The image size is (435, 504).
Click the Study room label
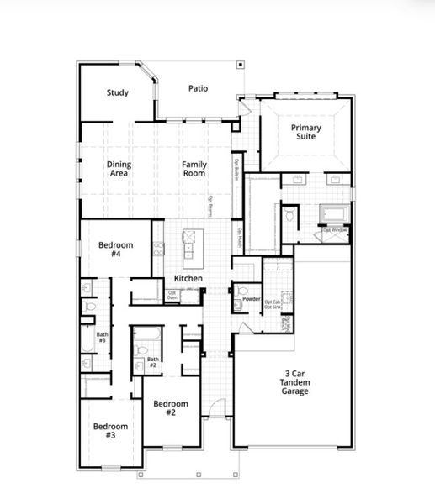click(118, 92)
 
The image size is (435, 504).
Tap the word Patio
click(198, 88)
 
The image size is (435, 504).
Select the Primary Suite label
click(305, 132)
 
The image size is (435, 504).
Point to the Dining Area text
click(119, 169)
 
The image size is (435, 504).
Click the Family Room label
click(194, 169)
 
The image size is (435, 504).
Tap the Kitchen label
click(188, 278)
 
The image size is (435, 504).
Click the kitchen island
click(188, 244)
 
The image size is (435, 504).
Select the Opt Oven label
click(172, 295)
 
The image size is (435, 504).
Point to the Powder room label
click(250, 299)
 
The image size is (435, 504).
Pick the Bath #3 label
click(102, 338)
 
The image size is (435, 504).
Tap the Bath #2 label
click(152, 363)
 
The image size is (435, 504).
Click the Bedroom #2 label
click(170, 408)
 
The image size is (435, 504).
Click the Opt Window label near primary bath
click(335, 230)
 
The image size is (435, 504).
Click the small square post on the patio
click(240, 64)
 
